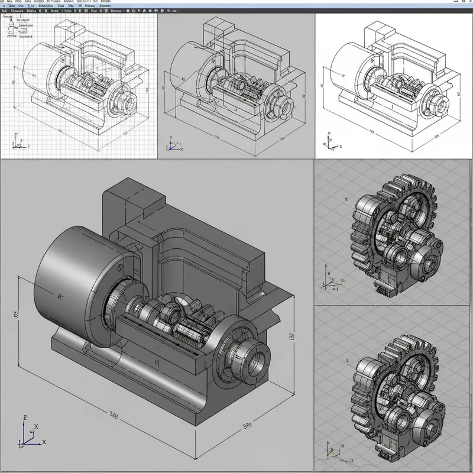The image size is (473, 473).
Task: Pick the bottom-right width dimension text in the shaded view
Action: [x=247, y=425]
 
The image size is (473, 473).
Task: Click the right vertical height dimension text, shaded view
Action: [x=291, y=338]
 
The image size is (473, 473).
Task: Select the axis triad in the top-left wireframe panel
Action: [x=18, y=144]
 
